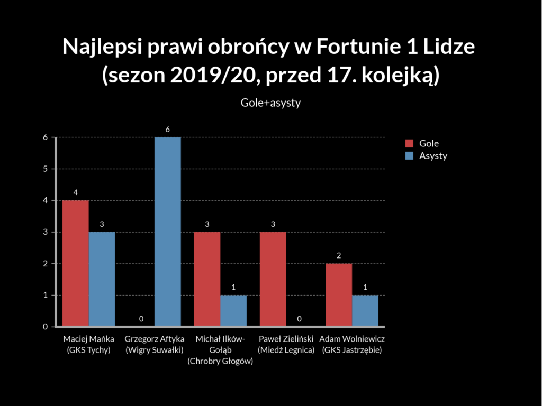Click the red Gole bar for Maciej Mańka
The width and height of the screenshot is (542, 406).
click(76, 263)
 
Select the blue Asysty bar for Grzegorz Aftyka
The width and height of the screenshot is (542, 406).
click(167, 232)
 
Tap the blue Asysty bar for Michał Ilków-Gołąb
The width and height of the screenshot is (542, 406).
click(233, 311)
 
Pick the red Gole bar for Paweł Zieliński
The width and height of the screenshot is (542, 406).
click(273, 279)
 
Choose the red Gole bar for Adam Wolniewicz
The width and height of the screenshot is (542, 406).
click(339, 295)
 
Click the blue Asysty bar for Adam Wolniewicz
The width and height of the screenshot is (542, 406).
click(365, 311)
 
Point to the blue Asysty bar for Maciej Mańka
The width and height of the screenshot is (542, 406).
click(102, 279)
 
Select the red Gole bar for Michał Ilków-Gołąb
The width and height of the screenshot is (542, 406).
click(207, 279)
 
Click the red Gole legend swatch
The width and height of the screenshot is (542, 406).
click(409, 144)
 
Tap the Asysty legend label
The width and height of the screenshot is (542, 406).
click(433, 156)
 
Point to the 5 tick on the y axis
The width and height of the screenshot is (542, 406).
click(46, 169)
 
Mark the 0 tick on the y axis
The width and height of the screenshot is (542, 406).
click(46, 327)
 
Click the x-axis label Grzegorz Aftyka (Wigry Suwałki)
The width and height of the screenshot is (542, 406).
click(154, 344)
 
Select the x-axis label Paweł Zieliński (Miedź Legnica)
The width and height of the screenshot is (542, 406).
click(286, 344)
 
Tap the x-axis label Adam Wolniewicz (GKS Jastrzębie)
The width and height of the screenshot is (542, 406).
click(352, 344)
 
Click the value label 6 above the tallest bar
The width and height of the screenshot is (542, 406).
click(167, 130)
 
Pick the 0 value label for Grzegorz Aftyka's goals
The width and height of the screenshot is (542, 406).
click(141, 319)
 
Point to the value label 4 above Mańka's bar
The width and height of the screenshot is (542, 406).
click(76, 192)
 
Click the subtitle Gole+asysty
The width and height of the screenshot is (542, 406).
click(270, 103)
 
